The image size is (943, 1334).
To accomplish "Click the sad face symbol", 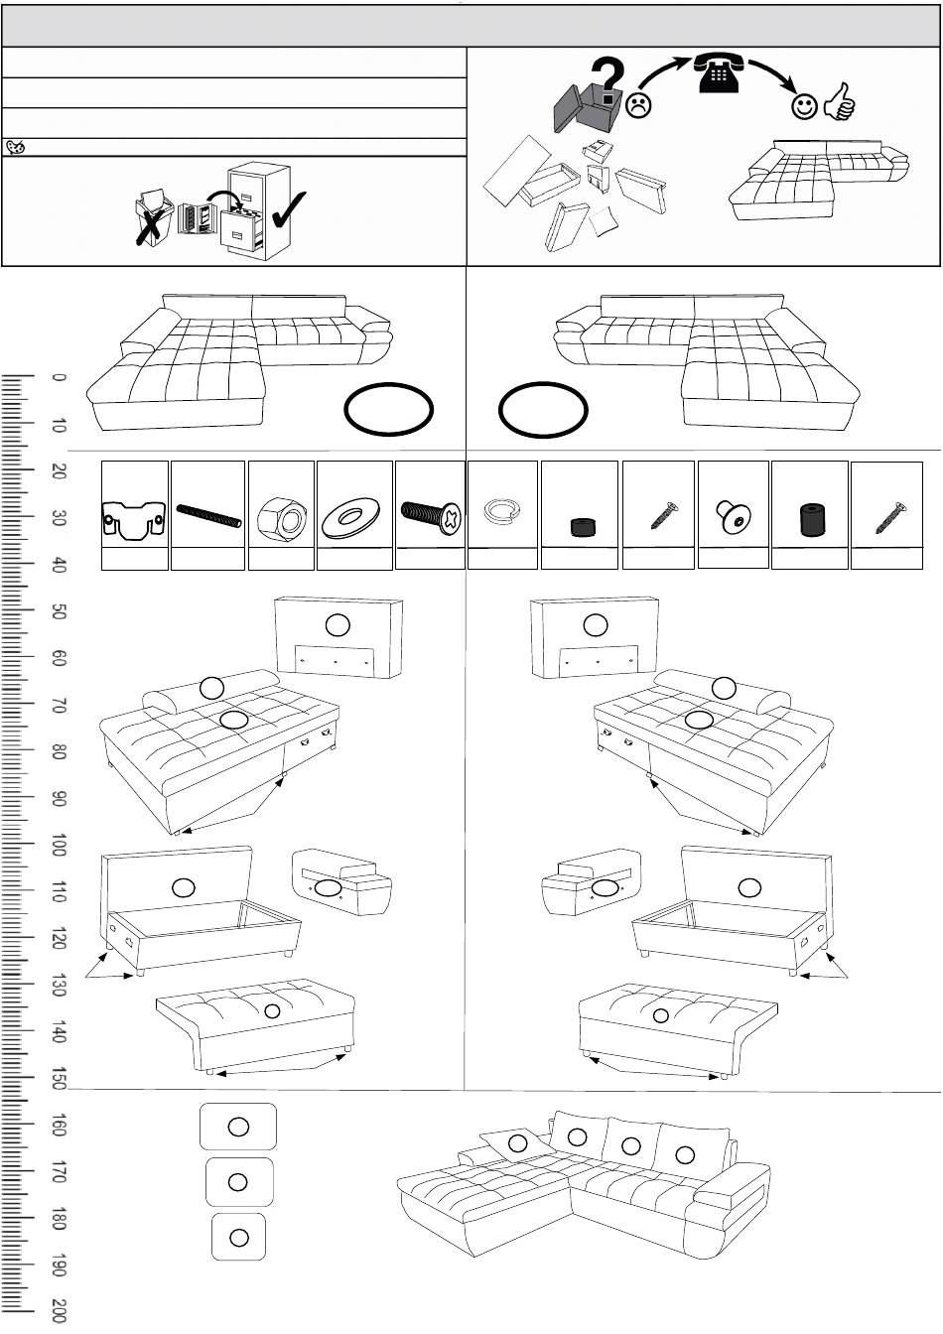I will pyautogui.click(x=638, y=104).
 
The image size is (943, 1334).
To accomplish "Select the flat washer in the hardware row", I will pyautogui.click(x=354, y=516).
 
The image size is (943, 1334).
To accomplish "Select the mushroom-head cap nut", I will pyautogui.click(x=733, y=512).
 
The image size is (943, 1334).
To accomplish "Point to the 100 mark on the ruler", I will pyautogui.click(x=59, y=850).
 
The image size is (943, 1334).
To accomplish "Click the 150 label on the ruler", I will pyautogui.click(x=59, y=1079).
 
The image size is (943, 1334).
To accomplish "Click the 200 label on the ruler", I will pyautogui.click(x=59, y=1310).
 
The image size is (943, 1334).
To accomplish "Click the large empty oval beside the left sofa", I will pyautogui.click(x=389, y=411).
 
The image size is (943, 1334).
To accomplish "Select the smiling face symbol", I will pyautogui.click(x=804, y=106).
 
